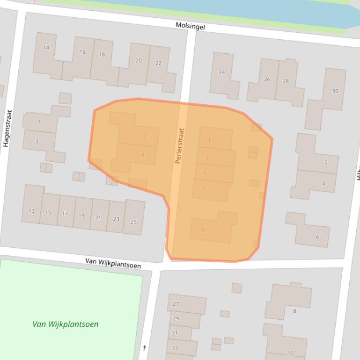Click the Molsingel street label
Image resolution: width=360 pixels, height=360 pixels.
click(190, 27)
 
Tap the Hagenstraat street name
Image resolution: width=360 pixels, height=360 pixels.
click(7, 129)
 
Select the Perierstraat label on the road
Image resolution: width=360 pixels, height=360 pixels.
click(180, 146)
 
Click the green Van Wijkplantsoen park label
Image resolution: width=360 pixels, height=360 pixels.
click(66, 324)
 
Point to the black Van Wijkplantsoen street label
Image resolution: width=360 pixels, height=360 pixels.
click(113, 263)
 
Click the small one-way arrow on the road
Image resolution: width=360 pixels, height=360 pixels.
click(145, 348)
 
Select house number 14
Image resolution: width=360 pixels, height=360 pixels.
click(46, 47)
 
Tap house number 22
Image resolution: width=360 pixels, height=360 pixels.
click(158, 63)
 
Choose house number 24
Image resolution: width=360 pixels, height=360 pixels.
click(222, 72)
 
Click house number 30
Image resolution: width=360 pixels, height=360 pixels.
click(335, 91)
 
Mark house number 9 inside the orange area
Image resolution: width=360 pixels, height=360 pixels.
click(203, 230)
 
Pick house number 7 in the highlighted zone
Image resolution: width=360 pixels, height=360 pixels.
click(204, 189)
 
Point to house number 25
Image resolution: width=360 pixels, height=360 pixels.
click(133, 222)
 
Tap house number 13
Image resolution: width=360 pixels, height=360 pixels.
click(31, 211)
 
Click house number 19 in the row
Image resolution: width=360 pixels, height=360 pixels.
click(81, 216)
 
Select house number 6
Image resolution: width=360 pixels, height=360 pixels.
click(317, 237)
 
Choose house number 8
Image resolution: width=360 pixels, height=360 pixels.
click(294, 311)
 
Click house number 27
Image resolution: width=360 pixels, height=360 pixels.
click(176, 304)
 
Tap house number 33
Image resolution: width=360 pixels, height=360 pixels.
click(175, 348)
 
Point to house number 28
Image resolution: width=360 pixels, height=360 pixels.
click(286, 81)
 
